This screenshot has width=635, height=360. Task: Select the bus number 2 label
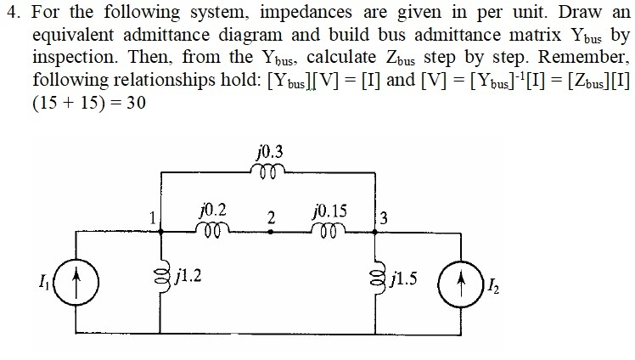coord(270,217)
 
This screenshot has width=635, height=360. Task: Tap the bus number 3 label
coord(385,217)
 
